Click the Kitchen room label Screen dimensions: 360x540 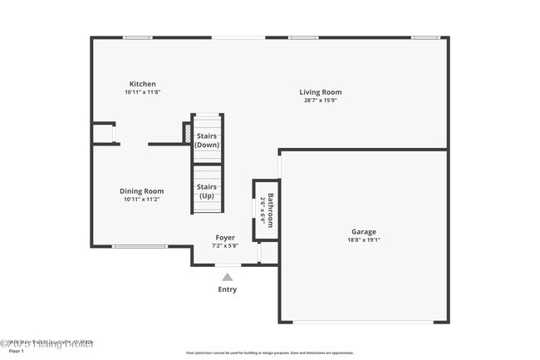pyautogui.click(x=142, y=83)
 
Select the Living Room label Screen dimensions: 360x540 pyautogui.click(x=321, y=92)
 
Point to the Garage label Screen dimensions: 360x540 pyautogui.click(x=363, y=232)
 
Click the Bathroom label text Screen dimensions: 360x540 pyautogui.click(x=270, y=210)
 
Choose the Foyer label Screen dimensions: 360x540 pyautogui.click(x=225, y=238)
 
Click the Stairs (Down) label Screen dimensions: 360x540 pyautogui.click(x=206, y=140)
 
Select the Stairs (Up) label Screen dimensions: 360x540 pyautogui.click(x=206, y=191)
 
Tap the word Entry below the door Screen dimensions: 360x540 pyautogui.click(x=227, y=289)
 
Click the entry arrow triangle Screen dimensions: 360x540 pyautogui.click(x=227, y=276)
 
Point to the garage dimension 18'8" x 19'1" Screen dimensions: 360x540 pyautogui.click(x=363, y=240)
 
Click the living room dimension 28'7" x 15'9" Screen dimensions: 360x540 pyautogui.click(x=321, y=101)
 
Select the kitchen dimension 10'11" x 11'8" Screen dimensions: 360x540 pyautogui.click(x=142, y=91)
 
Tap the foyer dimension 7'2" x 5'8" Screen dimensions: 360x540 pyautogui.click(x=225, y=246)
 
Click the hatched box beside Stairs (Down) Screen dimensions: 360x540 pyautogui.click(x=187, y=133)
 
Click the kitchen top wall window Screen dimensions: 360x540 pyautogui.click(x=137, y=37)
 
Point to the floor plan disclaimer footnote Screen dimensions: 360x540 pyautogui.click(x=269, y=353)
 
